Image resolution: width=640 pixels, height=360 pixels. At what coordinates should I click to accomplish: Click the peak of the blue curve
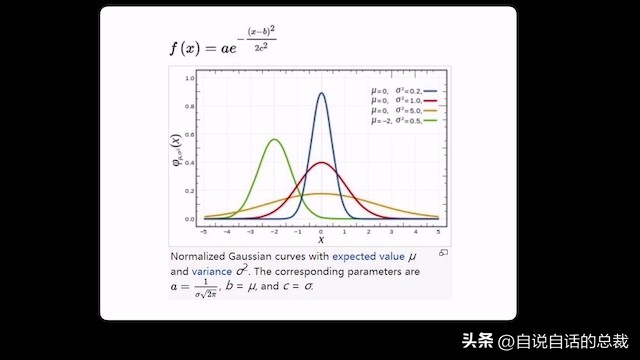(321, 94)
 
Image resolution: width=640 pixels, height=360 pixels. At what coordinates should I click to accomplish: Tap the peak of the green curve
(274, 140)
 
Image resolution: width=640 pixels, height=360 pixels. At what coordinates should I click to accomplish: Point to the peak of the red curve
(321, 163)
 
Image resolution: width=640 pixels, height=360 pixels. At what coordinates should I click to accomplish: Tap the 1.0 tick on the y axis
(189, 78)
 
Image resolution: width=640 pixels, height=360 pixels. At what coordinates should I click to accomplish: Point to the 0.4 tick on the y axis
(189, 162)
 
